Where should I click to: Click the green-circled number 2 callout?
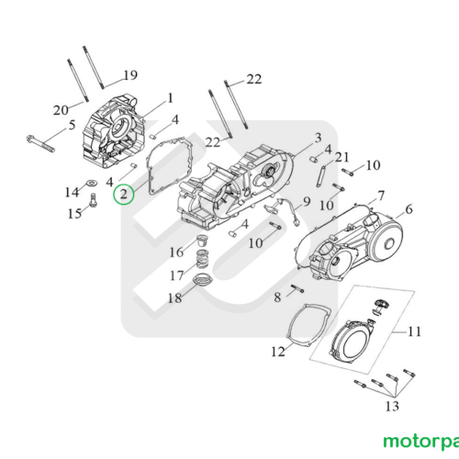(x=123, y=195)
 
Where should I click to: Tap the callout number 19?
(x=130, y=75)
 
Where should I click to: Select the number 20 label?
(x=61, y=110)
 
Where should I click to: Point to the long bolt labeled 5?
(x=40, y=143)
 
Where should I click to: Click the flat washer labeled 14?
(x=91, y=183)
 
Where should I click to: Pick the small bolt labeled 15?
(x=93, y=200)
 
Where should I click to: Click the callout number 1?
(x=170, y=98)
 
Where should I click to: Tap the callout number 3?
(x=319, y=138)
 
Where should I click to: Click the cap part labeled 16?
(x=202, y=240)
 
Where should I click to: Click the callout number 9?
(x=307, y=202)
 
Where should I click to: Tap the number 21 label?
(x=342, y=157)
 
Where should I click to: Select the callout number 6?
(x=409, y=209)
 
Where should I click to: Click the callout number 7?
(x=381, y=196)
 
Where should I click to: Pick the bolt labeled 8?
(x=297, y=288)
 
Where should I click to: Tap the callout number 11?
(x=415, y=331)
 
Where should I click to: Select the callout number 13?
(x=392, y=407)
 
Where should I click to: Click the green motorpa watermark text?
(x=421, y=442)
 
